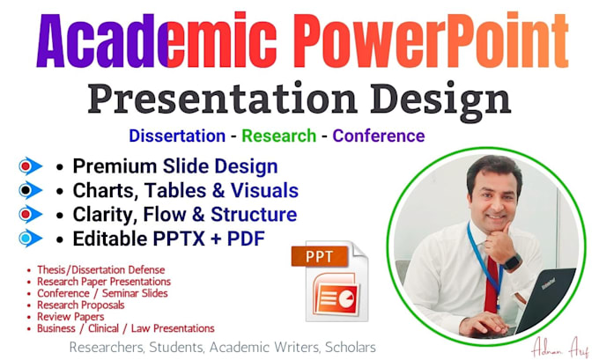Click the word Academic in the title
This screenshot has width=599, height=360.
point(157,40)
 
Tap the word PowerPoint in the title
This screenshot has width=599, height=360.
point(432,40)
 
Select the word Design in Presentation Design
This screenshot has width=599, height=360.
point(440,99)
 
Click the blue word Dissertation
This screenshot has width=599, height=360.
point(177,136)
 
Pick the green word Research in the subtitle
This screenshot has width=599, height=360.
point(279,136)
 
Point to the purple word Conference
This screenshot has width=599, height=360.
point(379,136)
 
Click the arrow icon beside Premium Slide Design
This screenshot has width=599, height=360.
point(30,166)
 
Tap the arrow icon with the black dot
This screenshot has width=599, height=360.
point(30,190)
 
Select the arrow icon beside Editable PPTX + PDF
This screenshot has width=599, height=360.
point(30,239)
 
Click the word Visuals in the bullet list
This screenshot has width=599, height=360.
point(264,190)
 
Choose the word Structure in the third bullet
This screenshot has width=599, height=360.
point(254,215)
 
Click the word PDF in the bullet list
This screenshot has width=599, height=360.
point(246,239)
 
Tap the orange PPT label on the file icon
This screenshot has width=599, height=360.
point(320,256)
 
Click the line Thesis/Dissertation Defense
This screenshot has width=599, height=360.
point(100,270)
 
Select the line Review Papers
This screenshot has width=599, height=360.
point(70,317)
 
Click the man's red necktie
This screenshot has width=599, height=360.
point(492,284)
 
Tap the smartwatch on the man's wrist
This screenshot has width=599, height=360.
point(512,262)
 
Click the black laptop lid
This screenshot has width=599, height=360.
point(545,298)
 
